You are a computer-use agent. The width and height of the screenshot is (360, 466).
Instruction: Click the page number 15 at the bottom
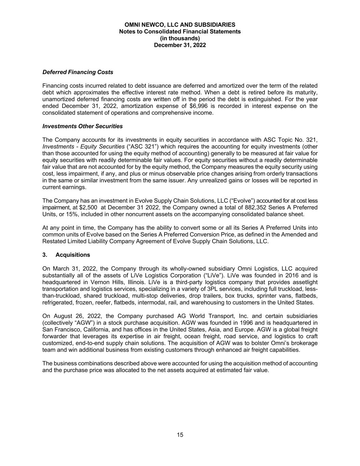point(180,435)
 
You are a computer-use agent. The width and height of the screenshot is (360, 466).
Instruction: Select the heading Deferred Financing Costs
point(77,72)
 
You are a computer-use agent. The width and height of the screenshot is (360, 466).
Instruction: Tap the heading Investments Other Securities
point(82,126)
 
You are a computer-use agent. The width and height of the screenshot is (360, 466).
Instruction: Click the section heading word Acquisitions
point(73,255)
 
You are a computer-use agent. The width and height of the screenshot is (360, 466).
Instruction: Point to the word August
point(62,316)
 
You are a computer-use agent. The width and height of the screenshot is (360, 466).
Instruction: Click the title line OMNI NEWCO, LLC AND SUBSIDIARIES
point(180,25)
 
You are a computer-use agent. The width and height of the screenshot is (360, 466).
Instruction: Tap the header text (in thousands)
point(180,38)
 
